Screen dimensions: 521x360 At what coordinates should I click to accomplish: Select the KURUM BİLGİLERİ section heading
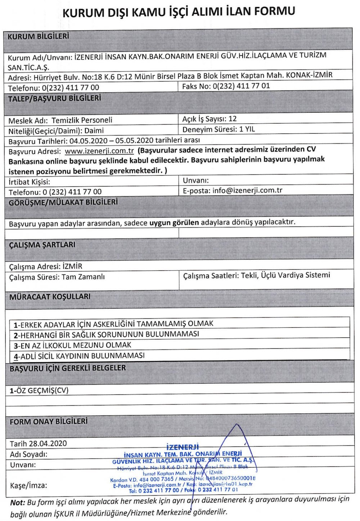tap(38, 36)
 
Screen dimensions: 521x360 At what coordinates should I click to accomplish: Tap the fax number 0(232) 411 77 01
tap(241, 86)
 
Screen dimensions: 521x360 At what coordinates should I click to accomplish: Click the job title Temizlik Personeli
tap(82, 120)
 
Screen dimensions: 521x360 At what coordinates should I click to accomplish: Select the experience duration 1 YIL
tap(247, 129)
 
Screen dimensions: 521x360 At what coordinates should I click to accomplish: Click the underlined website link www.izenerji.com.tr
tap(99, 151)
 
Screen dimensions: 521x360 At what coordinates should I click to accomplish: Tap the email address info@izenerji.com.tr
tap(247, 190)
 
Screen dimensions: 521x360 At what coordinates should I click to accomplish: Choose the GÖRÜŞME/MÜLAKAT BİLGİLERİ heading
tap(63, 202)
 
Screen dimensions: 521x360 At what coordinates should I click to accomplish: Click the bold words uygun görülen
tap(174, 223)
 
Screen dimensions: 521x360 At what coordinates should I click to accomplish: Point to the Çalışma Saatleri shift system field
tap(256, 275)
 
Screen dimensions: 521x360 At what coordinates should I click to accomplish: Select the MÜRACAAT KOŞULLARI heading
tap(50, 297)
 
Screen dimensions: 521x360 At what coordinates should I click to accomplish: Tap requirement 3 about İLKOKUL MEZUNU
tap(72, 345)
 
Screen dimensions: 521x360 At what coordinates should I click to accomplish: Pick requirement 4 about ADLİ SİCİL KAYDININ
tap(79, 356)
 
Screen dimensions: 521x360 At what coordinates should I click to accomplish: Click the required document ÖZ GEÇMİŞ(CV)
tap(39, 390)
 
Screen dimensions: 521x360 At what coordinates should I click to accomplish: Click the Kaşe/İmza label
tap(28, 485)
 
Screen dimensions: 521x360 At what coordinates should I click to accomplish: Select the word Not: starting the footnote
tap(18, 502)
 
